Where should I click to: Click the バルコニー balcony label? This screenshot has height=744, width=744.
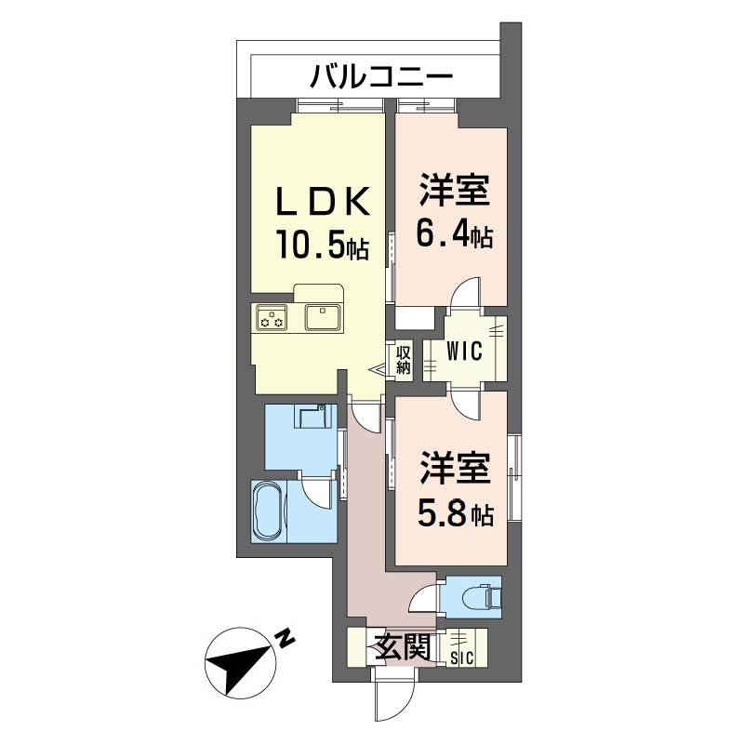tap(381, 77)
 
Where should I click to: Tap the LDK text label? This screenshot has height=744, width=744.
tap(323, 202)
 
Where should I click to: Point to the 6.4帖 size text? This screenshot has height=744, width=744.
tap(454, 234)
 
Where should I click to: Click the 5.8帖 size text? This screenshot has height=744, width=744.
tap(455, 513)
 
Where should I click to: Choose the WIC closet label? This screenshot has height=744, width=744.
tap(464, 352)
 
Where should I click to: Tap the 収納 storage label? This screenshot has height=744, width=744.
tap(404, 360)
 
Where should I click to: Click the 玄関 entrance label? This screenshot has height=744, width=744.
tap(403, 647)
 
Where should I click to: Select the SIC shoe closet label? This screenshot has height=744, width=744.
tap(461, 658)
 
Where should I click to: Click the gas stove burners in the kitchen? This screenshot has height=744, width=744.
tap(272, 317)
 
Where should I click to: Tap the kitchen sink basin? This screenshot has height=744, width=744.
tap(323, 316)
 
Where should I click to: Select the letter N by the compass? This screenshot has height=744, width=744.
tap(285, 639)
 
